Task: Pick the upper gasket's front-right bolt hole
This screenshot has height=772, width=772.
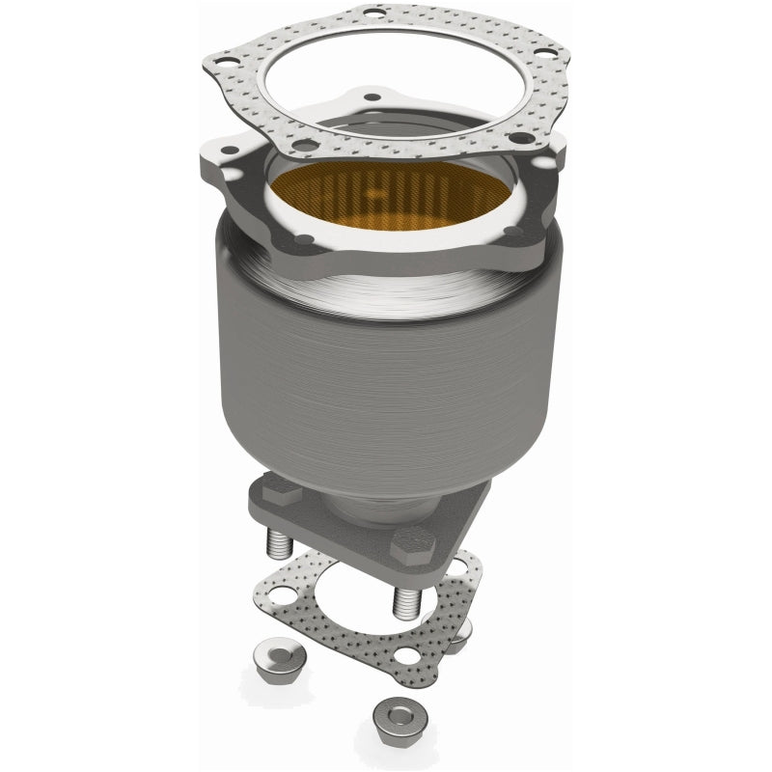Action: [522, 138]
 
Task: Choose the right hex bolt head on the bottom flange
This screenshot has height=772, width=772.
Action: [405, 546]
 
